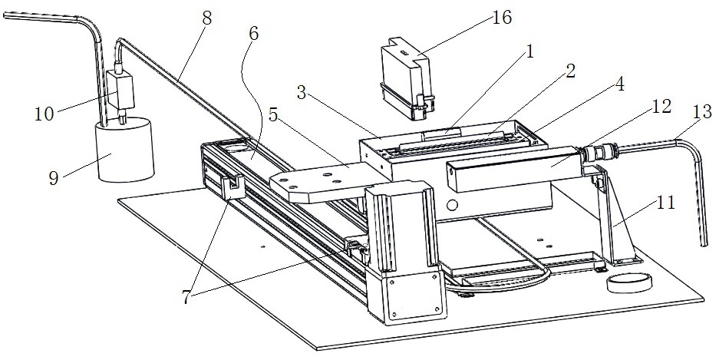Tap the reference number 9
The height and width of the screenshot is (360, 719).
[x=54, y=178]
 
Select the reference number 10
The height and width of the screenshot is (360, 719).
[x=45, y=114]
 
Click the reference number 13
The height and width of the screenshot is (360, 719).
[x=699, y=112]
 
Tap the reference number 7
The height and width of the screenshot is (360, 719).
[x=185, y=298]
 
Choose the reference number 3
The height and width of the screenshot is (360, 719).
[x=302, y=93]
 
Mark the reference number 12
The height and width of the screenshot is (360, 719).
[x=661, y=107]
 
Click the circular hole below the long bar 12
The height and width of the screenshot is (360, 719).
[x=452, y=204]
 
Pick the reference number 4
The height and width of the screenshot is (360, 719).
[x=619, y=84]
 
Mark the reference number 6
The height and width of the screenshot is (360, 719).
[x=253, y=34]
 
